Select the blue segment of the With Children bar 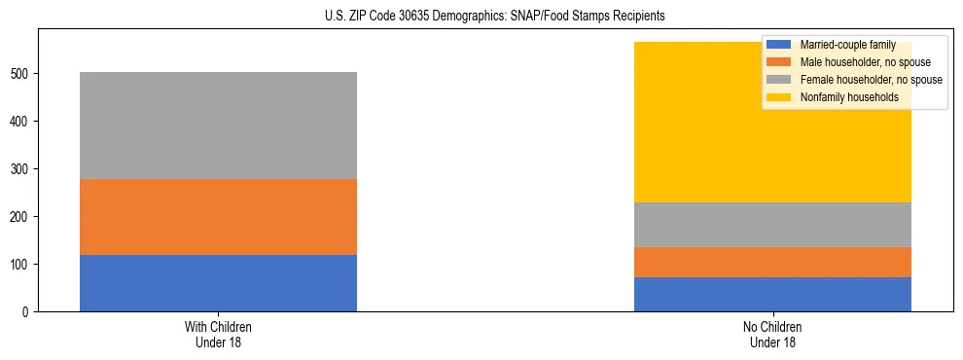(218, 283)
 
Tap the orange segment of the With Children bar (218, 217)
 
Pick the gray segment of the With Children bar (218, 126)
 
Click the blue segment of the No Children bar (772, 294)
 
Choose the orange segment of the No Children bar (772, 263)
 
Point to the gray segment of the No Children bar (772, 225)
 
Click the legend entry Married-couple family (842, 45)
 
